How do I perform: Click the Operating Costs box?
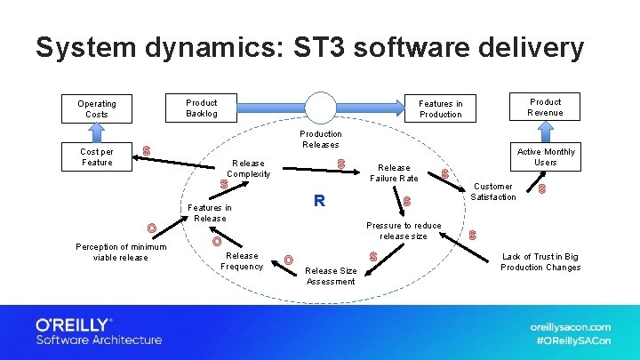click(x=97, y=108)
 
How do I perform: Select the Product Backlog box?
click(x=202, y=108)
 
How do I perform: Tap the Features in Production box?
click(x=440, y=108)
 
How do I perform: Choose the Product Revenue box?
click(x=545, y=107)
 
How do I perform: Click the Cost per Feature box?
click(x=97, y=156)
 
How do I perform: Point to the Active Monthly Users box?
click(x=546, y=157)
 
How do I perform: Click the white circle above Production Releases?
click(x=321, y=108)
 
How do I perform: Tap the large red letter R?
click(x=317, y=201)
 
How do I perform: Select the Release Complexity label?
click(x=248, y=168)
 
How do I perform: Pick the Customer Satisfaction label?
click(x=492, y=191)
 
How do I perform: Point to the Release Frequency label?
click(x=242, y=260)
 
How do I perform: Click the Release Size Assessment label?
click(x=331, y=276)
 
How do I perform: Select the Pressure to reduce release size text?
click(x=404, y=231)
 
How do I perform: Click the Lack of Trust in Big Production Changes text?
click(x=540, y=261)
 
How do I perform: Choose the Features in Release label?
click(x=210, y=212)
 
